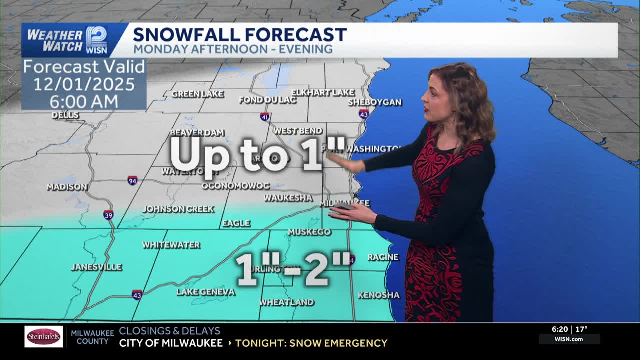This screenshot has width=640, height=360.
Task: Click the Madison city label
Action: pos(67,187)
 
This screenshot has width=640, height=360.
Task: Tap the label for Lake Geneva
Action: pos(206,292)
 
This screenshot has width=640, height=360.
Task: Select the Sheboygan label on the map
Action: pos(375,102)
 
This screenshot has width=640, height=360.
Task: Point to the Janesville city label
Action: pos(96,267)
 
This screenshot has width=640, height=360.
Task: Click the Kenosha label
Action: pos(379,295)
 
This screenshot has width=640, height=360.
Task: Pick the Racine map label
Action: pos(383,257)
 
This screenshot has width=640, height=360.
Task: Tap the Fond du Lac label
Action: pos(267,100)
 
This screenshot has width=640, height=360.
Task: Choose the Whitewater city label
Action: pos(171,245)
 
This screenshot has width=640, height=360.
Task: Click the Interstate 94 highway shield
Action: pos(132,180)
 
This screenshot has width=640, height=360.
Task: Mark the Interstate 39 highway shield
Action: pos(108,215)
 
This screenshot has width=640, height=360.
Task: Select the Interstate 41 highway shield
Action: pos(265,117)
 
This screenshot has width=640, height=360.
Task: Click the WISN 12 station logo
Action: pos(96,40)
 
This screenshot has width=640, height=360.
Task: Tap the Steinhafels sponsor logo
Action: pos(44,336)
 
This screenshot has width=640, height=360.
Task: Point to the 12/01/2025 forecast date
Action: pos(84,84)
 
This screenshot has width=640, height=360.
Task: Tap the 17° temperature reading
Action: pos(581,329)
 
